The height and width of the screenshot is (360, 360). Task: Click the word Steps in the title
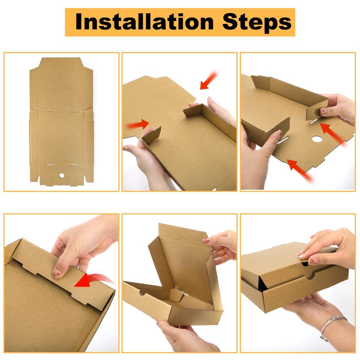257,22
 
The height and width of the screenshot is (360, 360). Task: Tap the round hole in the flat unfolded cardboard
62,175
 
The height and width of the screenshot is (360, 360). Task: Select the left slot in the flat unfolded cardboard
49,165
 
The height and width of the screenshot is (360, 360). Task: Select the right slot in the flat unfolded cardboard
74,165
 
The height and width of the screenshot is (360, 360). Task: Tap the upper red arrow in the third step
333,134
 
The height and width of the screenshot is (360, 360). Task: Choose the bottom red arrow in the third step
300,170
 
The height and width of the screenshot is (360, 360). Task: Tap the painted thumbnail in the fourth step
57,273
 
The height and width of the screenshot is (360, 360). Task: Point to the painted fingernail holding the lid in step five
206,241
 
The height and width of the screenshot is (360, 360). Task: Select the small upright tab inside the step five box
176,295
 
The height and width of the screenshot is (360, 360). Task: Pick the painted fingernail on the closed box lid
313,261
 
